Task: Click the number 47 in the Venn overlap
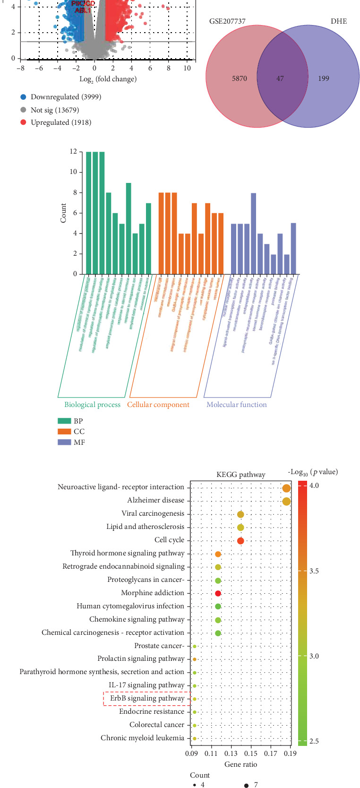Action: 280,78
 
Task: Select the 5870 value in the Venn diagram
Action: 240,78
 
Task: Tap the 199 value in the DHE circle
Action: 324,78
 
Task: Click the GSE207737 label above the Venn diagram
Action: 227,21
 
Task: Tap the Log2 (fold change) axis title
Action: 108,79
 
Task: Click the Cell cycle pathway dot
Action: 240,541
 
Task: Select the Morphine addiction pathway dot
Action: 218,593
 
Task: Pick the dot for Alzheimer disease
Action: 286,501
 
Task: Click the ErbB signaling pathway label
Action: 147,698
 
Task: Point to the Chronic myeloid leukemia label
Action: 142,738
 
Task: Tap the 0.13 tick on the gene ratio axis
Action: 231,753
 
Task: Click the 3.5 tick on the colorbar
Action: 314,571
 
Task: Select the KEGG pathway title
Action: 240,475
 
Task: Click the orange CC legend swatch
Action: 64,432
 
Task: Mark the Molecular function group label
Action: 236,405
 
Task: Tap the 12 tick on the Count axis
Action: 73,152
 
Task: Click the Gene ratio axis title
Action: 240,764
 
